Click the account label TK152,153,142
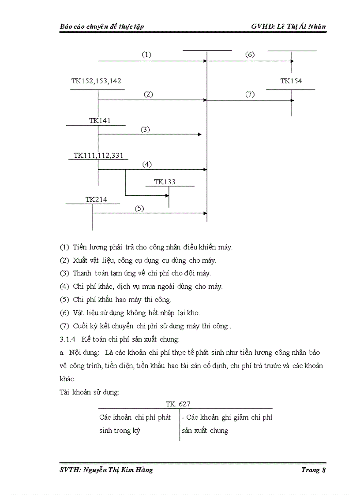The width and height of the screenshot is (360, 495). coord(96,81)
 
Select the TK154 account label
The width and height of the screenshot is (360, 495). coord(291,81)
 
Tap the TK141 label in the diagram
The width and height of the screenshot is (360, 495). coord(100,120)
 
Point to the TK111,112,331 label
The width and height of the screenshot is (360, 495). coord(98,155)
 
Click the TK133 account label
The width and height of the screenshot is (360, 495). coord(165,182)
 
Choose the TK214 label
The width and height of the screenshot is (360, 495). coord(96,199)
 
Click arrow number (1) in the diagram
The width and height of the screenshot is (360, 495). coord(146,55)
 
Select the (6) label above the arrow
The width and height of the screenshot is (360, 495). coord(250,55)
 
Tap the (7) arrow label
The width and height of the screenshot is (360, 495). coord(250,94)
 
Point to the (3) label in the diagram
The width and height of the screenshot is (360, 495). coord(145,129)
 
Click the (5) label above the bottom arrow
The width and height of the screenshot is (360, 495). coord(139,208)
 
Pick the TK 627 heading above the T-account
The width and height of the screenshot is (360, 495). coord(178,404)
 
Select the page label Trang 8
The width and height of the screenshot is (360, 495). coord(313,470)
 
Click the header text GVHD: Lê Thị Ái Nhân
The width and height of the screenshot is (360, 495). coord(289,26)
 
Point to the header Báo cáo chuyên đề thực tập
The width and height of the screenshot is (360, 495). coord(102,26)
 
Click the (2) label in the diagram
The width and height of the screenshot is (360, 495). coord(148,94)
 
